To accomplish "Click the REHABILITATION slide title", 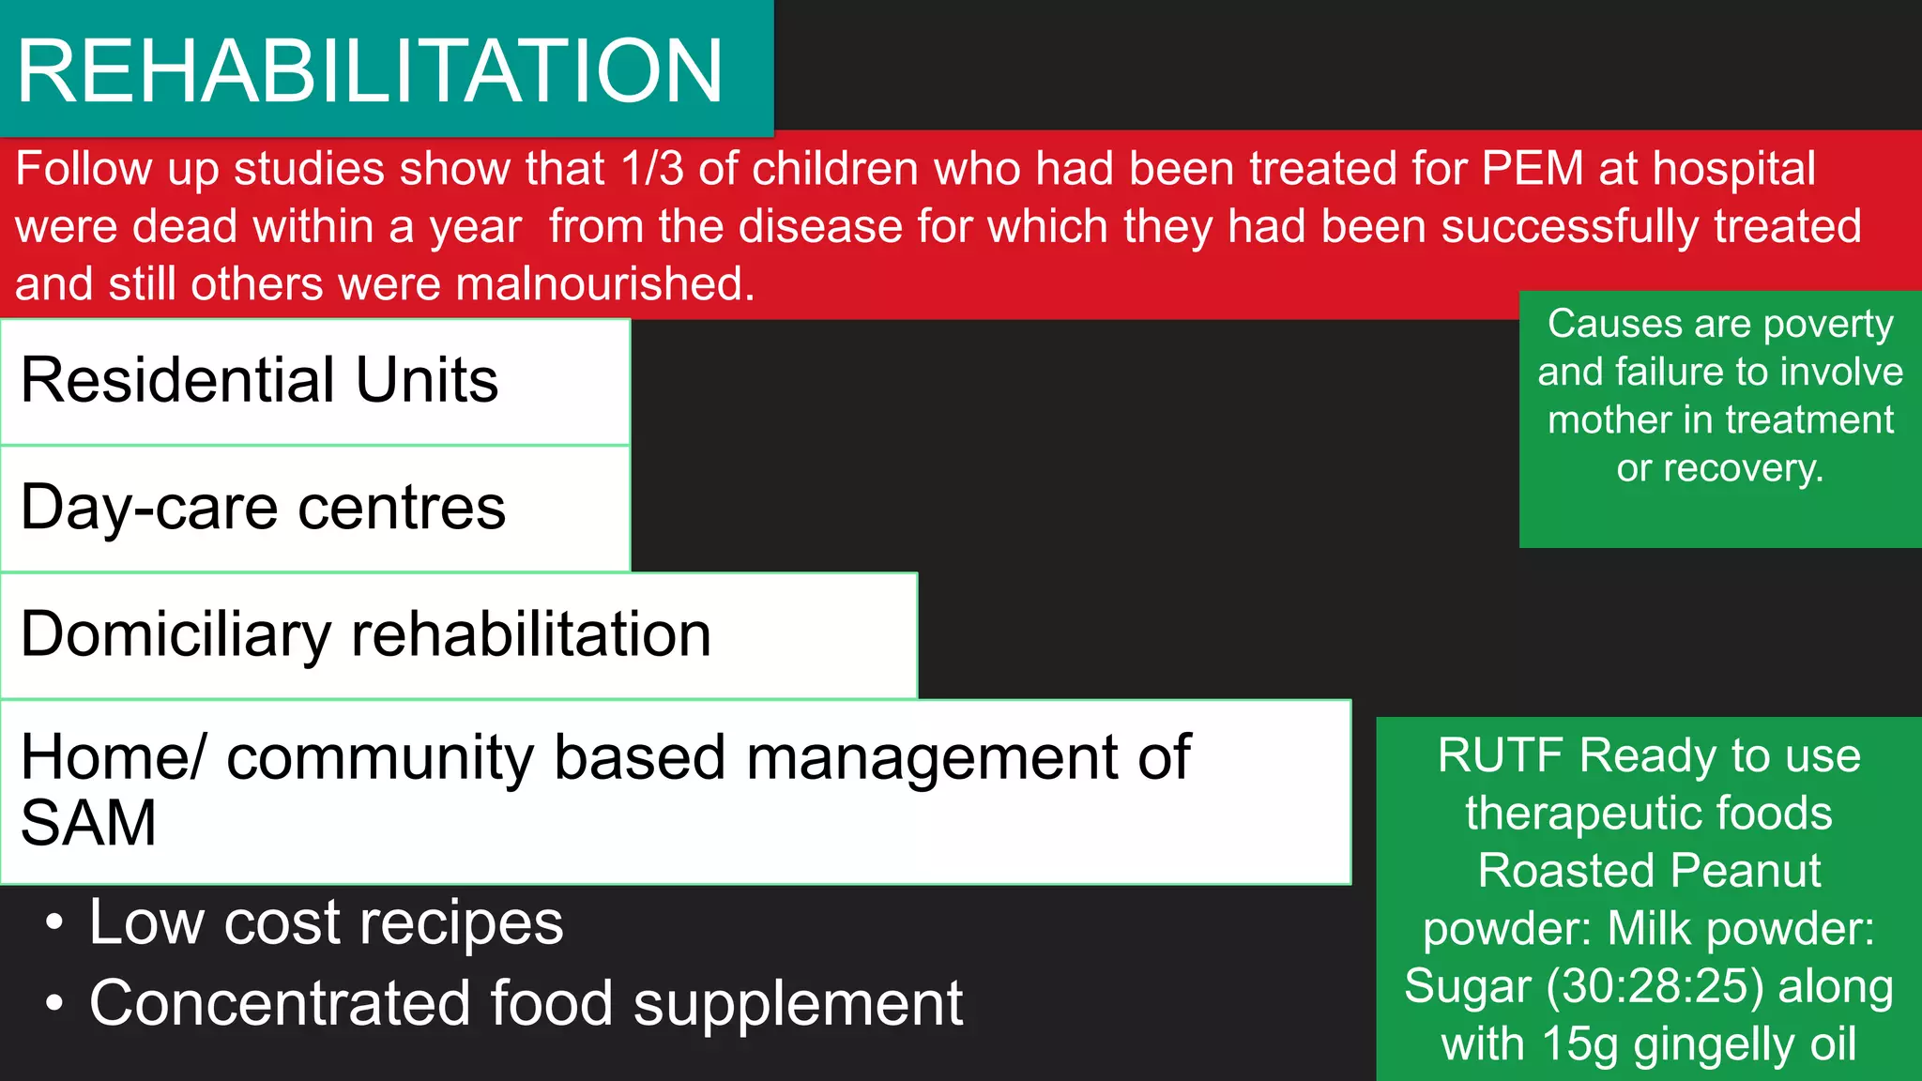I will coord(370,71).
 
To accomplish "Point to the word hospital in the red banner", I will coord(1733,170).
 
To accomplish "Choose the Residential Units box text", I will coord(259,380).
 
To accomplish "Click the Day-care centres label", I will coord(263,508).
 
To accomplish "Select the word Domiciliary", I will coord(175,635).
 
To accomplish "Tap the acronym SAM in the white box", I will coord(88,824).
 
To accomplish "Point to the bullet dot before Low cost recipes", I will coord(54,922).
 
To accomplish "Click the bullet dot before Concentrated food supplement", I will coord(54,1003).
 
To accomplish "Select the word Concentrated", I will coord(279,1003).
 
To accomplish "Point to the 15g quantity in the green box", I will coord(1580,1043).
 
